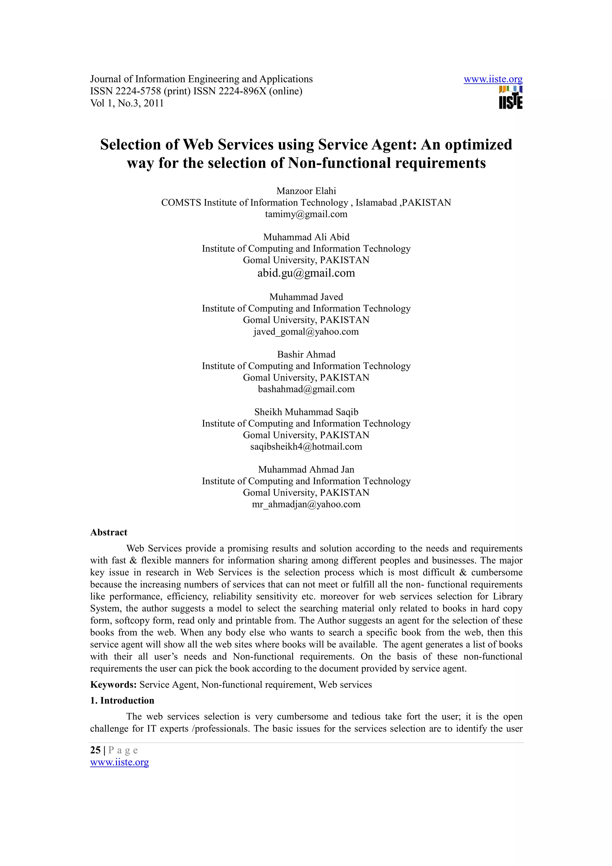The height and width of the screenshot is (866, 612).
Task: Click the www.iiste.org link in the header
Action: (493, 79)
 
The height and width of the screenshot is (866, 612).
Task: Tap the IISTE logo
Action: (511, 98)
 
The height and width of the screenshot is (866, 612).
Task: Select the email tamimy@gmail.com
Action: (306, 214)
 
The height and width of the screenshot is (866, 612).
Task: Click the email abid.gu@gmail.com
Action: (306, 273)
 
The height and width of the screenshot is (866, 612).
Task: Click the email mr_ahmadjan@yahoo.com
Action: (306, 504)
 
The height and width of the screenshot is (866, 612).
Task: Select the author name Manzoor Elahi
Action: (306, 191)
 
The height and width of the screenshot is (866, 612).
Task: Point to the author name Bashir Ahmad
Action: (306, 354)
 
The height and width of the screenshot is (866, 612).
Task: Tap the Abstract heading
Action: (108, 532)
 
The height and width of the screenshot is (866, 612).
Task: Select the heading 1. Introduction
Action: (122, 700)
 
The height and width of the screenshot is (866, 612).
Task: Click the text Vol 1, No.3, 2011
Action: (127, 103)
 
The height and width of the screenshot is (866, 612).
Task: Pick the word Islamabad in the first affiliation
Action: (376, 203)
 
